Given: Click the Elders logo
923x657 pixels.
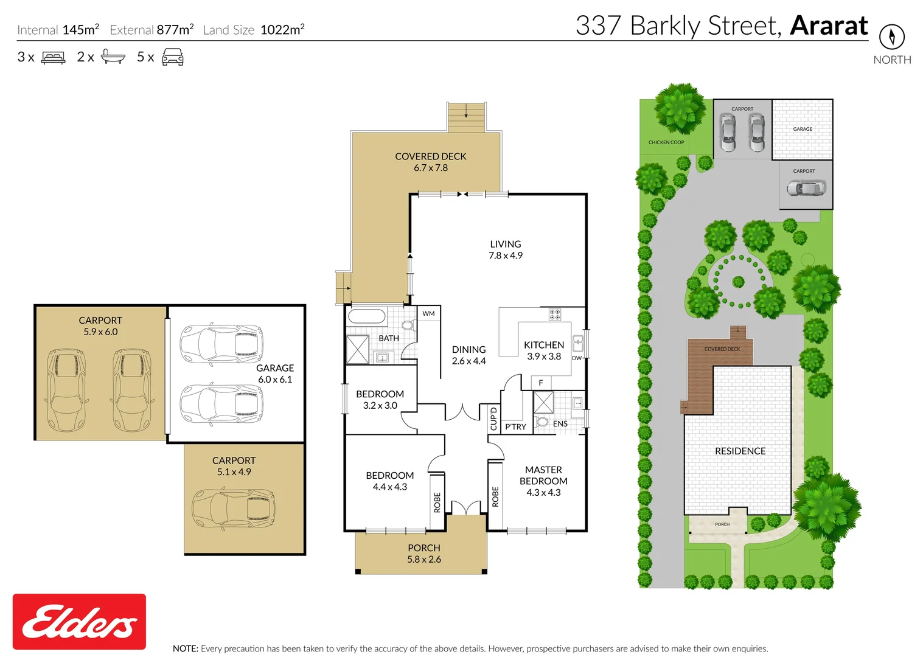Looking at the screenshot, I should [x=79, y=621].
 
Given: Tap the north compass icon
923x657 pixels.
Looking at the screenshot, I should [x=891, y=36].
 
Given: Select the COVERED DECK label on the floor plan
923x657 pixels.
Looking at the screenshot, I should [x=431, y=162].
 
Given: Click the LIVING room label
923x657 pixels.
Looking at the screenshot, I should [x=506, y=249].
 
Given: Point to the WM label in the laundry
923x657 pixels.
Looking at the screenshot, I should [x=429, y=314].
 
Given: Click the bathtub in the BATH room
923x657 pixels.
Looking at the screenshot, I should [x=366, y=317].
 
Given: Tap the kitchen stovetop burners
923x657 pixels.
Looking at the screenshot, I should [x=555, y=315].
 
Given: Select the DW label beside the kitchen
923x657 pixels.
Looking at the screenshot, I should [x=577, y=358].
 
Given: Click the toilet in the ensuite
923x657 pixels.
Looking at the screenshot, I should [x=542, y=422].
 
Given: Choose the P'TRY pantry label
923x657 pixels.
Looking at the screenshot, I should [x=515, y=427].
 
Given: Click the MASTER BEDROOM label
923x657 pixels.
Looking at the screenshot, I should [x=543, y=481].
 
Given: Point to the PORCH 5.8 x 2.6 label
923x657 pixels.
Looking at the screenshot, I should [x=424, y=554].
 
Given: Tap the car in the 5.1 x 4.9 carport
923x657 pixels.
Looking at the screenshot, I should [x=233, y=508].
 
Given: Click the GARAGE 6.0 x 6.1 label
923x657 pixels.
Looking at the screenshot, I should [x=275, y=374].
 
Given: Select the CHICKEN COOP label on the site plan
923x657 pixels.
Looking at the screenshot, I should [x=666, y=142].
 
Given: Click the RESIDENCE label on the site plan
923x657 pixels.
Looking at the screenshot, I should [x=740, y=451].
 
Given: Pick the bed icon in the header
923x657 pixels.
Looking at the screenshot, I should [x=53, y=58].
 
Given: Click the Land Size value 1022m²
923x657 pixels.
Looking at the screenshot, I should [x=282, y=30].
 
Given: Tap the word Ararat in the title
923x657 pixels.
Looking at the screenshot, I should [x=829, y=26].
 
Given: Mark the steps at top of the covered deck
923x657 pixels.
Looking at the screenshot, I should [x=467, y=116].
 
